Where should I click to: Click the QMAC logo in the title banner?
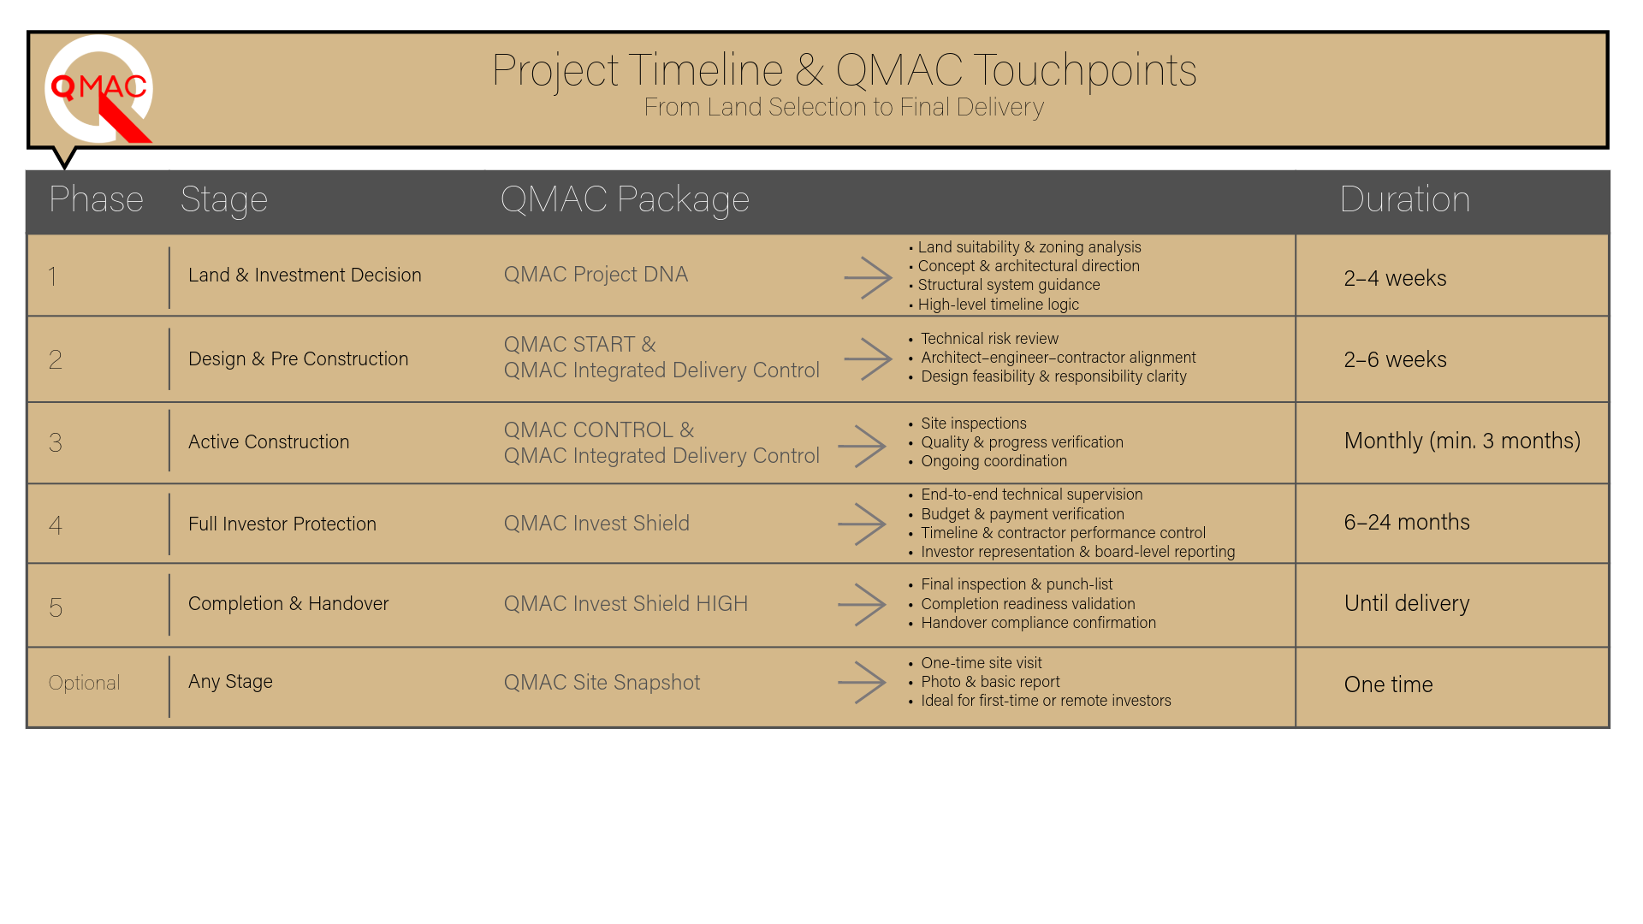pos(98,89)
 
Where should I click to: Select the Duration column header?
pos(1404,199)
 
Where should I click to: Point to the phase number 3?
pos(56,442)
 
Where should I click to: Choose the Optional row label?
pos(84,683)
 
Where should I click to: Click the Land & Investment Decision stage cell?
pos(305,275)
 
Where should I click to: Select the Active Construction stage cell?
pos(269,441)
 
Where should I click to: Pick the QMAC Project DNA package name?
pos(596,275)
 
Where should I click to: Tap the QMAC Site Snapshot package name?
pos(602,683)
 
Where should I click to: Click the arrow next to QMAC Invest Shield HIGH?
pos(862,605)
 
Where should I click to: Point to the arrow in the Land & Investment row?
pos(868,277)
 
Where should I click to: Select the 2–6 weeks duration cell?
pos(1395,359)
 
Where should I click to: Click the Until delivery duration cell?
pos(1407,603)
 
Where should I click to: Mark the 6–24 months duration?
pos(1407,522)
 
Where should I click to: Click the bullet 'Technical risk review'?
pos(989,339)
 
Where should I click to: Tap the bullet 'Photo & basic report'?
pos(990,682)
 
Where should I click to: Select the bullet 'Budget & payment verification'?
pos(1023,514)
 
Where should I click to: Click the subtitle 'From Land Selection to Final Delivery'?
pos(844,107)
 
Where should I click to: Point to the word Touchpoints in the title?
pos(1085,70)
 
